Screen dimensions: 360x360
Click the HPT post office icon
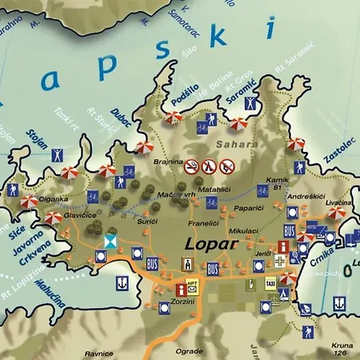tap(192, 286)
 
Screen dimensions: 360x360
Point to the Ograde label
tap(189, 350)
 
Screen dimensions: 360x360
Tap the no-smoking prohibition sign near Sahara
tap(192, 166)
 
